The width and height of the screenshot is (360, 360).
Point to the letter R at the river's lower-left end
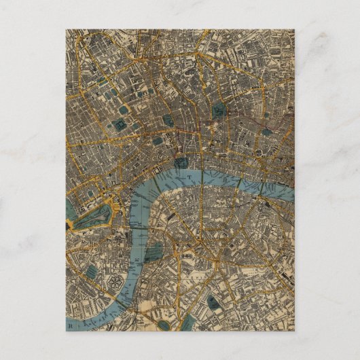[69, 325]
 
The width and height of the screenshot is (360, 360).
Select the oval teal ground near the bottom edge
[164, 324]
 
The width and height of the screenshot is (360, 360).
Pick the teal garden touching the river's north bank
[181, 162]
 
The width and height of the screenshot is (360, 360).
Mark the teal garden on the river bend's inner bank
[154, 253]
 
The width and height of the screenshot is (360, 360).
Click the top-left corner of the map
[66, 30]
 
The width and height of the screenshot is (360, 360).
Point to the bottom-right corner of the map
[294, 330]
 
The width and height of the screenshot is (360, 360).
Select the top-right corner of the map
[294, 30]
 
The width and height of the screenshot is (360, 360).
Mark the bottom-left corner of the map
[66, 330]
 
